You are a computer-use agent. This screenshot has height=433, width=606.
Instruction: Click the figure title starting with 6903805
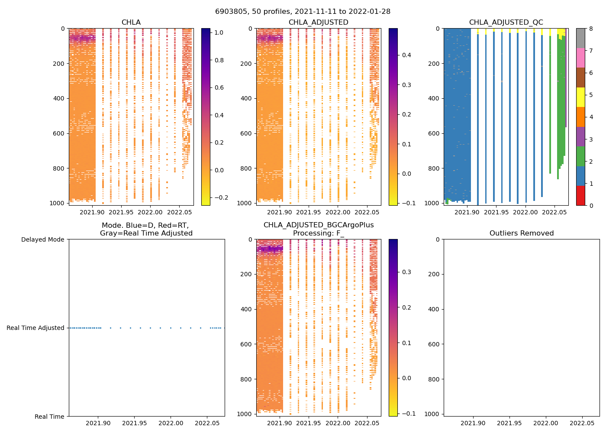coord(303,12)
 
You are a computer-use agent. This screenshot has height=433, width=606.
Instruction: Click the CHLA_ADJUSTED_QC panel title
coord(506,23)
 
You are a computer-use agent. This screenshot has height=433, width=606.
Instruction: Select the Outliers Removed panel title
coord(522,233)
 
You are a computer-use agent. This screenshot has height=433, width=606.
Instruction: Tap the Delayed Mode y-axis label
coord(42,239)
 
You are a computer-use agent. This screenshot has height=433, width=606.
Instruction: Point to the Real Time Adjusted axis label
coord(35,328)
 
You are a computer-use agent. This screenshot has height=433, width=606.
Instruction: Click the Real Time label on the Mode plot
coord(49,417)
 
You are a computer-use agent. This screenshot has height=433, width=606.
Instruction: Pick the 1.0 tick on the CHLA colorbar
coord(219,32)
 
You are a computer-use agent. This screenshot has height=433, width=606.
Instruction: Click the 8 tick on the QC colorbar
coord(591,29)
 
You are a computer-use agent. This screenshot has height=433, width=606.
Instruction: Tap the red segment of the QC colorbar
coord(580,196)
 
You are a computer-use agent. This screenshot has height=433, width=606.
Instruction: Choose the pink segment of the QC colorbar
coord(580,58)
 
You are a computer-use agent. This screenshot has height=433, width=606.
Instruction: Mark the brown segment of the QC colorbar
coord(580,78)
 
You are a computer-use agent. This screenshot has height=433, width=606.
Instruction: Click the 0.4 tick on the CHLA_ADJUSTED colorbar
coord(406,55)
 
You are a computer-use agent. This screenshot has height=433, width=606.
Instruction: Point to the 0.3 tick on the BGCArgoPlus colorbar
coord(406,272)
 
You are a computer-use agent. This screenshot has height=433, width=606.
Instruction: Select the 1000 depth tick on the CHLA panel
coord(58,203)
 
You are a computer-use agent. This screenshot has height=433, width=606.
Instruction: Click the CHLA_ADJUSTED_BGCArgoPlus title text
coord(319,225)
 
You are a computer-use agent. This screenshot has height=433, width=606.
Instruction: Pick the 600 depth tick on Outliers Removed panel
coord(434,344)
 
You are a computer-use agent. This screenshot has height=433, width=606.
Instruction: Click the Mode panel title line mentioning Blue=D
coord(145,225)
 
